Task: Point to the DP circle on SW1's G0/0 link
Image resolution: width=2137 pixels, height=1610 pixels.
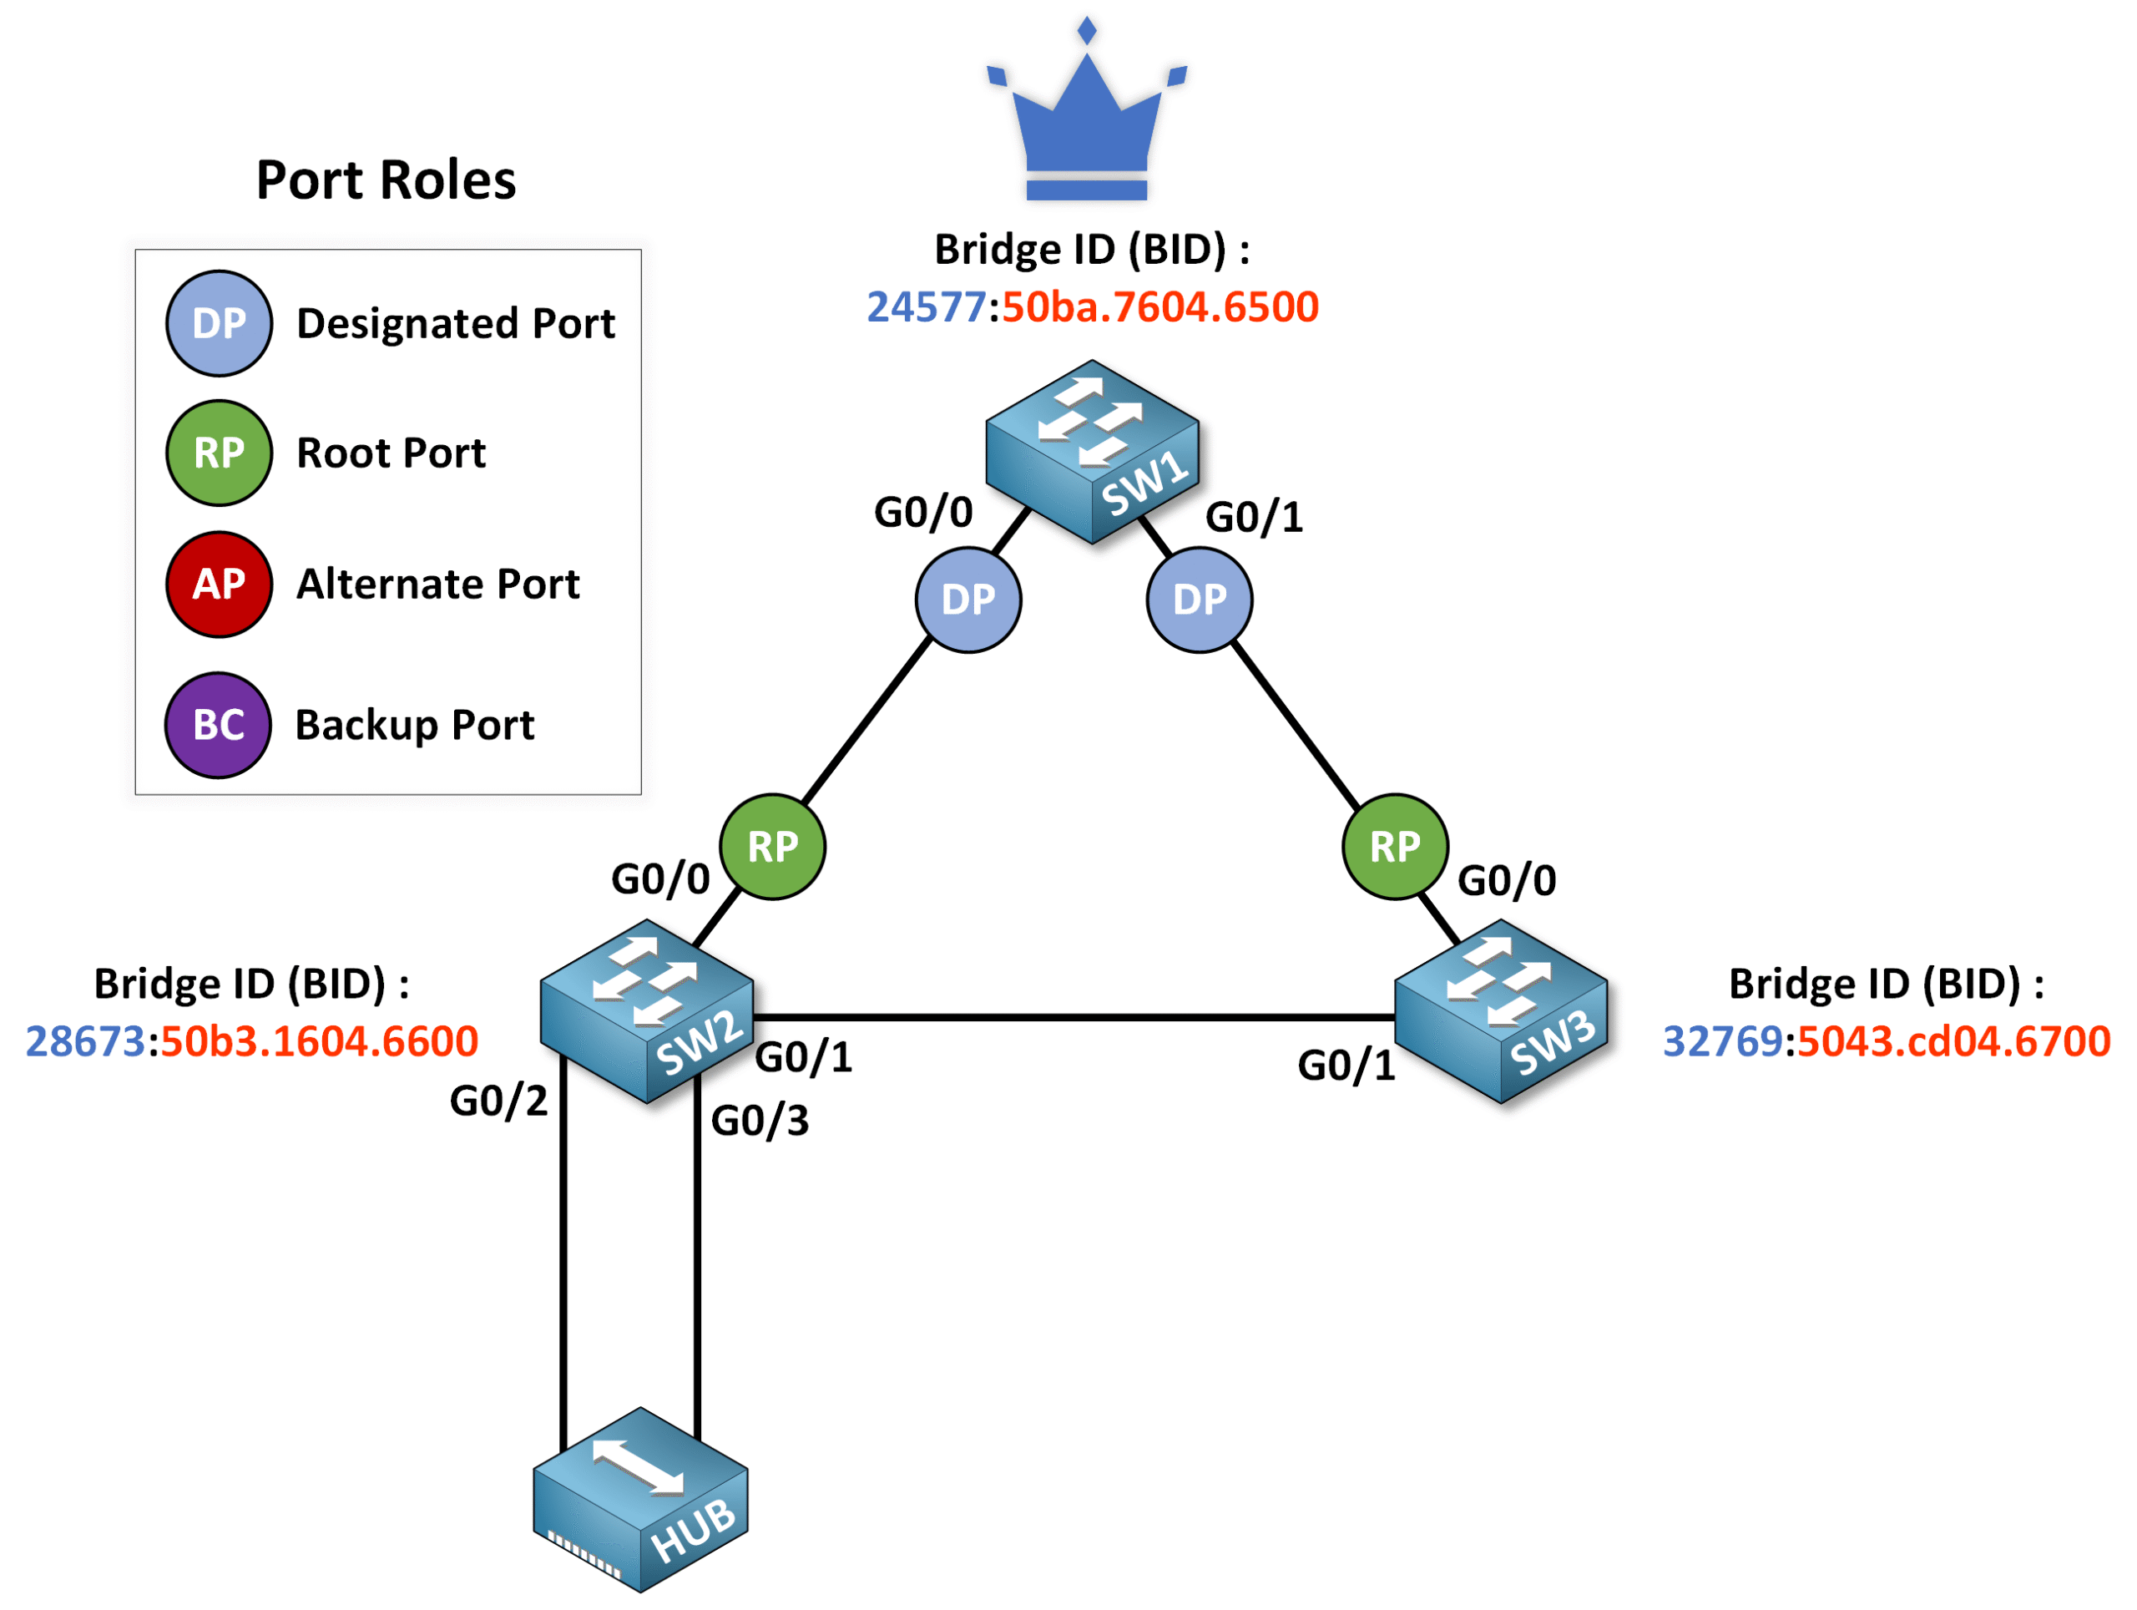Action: point(968,600)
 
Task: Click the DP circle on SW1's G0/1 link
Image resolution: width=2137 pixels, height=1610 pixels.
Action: point(1199,600)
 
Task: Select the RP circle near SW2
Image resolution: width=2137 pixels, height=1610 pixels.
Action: point(772,847)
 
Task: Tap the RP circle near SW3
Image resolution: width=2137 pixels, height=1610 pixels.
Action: point(1394,847)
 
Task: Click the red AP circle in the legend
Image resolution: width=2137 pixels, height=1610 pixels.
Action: point(219,584)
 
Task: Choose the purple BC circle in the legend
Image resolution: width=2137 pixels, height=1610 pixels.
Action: point(219,725)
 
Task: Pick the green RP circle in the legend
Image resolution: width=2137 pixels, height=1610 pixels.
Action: point(219,453)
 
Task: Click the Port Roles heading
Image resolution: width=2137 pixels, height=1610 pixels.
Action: point(386,180)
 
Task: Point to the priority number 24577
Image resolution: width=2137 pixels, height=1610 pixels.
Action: point(925,307)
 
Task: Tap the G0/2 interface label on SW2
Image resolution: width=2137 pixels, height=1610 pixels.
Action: point(498,1101)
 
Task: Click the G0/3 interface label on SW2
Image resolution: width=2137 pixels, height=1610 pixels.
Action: point(760,1121)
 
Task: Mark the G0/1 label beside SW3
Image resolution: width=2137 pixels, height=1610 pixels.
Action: point(1346,1066)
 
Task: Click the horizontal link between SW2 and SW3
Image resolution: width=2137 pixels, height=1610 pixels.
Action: point(1073,1018)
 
